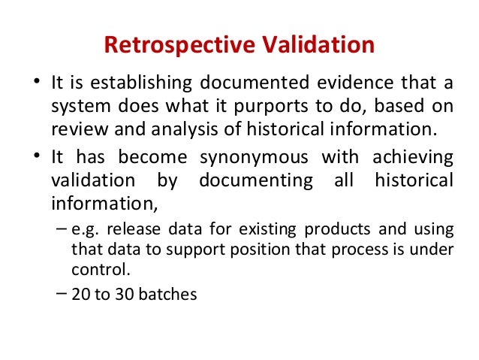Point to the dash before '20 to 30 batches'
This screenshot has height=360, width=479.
[62, 293]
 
